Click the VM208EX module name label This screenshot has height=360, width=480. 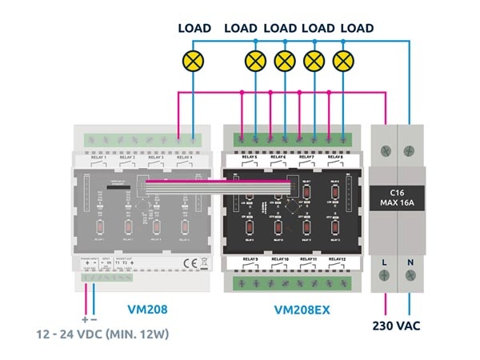(x=290, y=308)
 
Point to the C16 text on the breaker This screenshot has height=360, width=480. (x=398, y=193)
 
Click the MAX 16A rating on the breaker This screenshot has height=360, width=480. (x=398, y=204)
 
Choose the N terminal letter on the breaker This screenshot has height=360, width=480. (x=410, y=262)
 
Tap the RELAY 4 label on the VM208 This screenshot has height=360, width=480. (x=185, y=158)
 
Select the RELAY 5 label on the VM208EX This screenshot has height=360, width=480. (x=246, y=158)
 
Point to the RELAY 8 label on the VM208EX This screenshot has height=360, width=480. (x=334, y=158)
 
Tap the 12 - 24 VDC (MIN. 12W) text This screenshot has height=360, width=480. (x=94, y=333)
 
